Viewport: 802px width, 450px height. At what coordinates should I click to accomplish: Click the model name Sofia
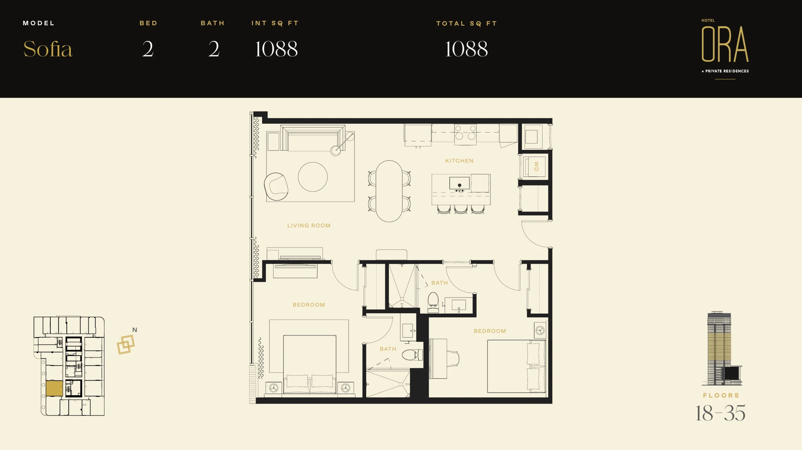coord(48,49)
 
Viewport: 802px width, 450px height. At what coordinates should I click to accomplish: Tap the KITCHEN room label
coord(459,161)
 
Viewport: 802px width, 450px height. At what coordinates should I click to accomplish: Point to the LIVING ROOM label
coord(309,226)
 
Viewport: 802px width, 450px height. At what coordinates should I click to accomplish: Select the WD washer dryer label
coord(536,166)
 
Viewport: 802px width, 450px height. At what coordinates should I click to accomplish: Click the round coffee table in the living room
coord(313,177)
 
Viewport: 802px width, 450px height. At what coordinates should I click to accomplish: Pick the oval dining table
coord(389,191)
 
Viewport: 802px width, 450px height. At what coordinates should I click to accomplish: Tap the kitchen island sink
coord(459,183)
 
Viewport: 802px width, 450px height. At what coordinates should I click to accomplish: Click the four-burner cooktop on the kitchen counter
coord(465,133)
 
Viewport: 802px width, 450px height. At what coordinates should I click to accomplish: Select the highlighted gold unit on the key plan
coord(55,388)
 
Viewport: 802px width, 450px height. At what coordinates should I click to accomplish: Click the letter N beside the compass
coord(135,330)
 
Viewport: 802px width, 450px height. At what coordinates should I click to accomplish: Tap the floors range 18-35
coord(720,413)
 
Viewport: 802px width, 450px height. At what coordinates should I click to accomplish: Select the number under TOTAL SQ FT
coord(466,49)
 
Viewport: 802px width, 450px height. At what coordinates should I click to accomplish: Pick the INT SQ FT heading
coord(275,23)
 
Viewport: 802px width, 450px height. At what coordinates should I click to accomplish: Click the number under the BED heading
coord(148,49)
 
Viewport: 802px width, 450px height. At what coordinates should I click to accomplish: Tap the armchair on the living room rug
coord(276,186)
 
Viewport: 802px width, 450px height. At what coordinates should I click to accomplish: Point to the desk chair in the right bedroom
coord(453,358)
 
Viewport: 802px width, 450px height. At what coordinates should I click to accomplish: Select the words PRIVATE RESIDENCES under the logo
coord(727,71)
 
